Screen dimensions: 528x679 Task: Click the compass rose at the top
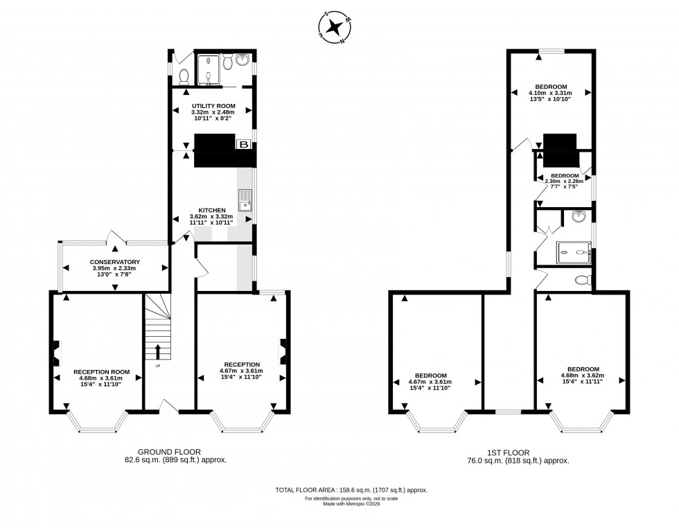point(336,28)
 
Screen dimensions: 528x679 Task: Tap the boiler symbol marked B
point(244,144)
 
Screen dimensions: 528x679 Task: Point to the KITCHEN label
point(211,210)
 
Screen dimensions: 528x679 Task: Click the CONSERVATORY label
point(116,262)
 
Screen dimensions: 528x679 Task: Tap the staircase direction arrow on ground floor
point(158,351)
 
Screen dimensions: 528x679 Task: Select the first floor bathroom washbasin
point(579,218)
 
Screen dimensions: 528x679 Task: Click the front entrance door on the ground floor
point(168,407)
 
